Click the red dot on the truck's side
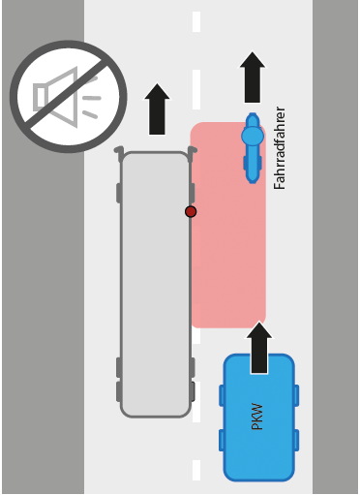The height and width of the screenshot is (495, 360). click(191, 211)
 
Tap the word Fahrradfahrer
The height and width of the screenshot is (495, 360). click(280, 148)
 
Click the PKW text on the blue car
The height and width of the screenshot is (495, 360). click(257, 417)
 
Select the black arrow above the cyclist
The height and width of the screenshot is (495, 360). click(253, 77)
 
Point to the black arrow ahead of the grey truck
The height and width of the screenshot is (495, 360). click(157, 109)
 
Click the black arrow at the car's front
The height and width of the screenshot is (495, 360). click(259, 348)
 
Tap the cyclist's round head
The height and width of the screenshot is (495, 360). click(253, 136)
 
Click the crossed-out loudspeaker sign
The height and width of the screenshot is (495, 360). click(69, 97)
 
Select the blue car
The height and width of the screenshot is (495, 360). click(259, 418)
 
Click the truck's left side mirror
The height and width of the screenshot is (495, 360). click(119, 152)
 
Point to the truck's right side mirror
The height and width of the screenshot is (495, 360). click(193, 152)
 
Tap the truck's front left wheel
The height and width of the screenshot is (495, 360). click(119, 193)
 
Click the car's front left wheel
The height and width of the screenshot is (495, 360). click(222, 395)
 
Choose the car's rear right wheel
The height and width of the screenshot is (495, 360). click(296, 441)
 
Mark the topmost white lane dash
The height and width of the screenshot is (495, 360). click(196, 22)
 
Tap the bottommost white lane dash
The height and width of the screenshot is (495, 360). click(196, 471)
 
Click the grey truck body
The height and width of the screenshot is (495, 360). click(156, 284)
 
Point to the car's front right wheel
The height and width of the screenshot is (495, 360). click(296, 395)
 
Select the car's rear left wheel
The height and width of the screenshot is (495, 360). click(222, 441)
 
